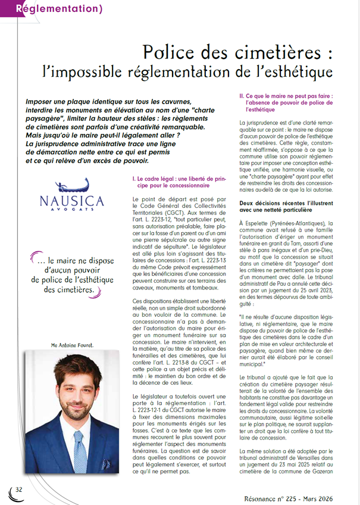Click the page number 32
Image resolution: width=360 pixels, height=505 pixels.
pyautogui.click(x=18, y=490)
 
